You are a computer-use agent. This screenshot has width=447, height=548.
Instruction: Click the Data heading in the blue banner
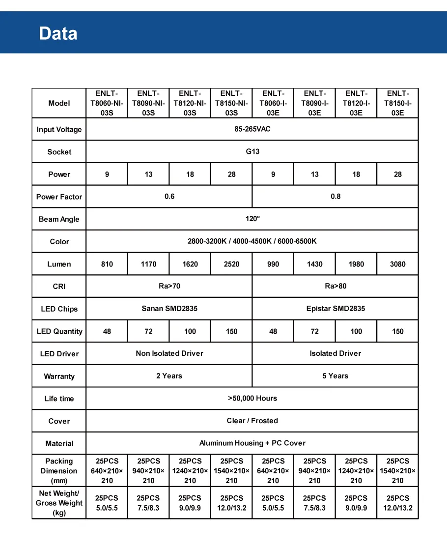pos(58,33)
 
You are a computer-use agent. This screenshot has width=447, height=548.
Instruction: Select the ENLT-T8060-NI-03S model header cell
pos(107,103)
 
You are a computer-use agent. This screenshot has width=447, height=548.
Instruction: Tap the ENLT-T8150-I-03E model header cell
pos(397,103)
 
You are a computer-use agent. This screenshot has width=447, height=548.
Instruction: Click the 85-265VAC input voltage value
pos(252,129)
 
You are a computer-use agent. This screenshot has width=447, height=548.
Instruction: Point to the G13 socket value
pos(252,151)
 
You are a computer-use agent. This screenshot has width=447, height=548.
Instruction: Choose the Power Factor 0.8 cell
pos(335,196)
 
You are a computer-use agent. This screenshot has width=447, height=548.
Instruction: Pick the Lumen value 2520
pos(231,264)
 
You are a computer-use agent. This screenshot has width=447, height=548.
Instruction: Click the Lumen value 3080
pos(397,264)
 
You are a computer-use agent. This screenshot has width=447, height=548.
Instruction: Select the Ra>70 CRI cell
pos(169,286)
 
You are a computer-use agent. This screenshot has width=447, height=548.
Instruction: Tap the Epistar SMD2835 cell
pos(335,309)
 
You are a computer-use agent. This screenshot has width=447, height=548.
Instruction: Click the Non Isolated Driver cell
pos(169,353)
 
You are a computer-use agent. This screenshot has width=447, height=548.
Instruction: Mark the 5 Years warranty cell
pos(335,375)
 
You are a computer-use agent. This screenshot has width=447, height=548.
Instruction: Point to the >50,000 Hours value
pos(252,398)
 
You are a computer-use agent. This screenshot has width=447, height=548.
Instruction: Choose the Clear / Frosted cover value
pos(252,421)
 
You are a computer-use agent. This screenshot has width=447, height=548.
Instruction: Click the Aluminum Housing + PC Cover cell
pos(252,443)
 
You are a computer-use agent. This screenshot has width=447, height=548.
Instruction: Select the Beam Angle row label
pos(59,219)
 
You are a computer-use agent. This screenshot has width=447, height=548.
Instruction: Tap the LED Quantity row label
pos(59,331)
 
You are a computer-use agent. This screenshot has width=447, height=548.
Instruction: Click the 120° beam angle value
pos(252,219)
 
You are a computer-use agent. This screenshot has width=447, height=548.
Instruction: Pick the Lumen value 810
pos(107,264)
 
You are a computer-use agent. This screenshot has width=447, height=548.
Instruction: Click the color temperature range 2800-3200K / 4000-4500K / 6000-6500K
pos(252,241)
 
